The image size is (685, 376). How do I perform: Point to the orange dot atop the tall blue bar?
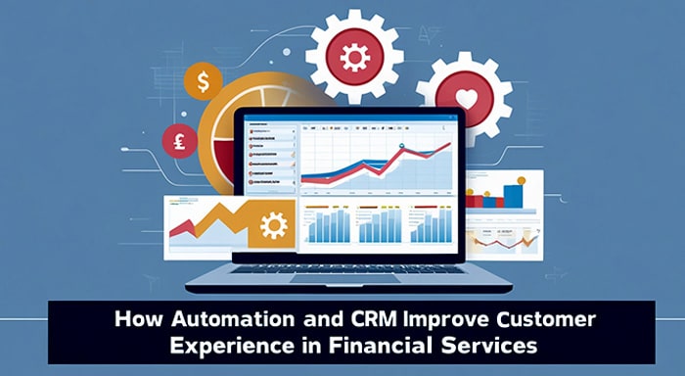tap(522, 180)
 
